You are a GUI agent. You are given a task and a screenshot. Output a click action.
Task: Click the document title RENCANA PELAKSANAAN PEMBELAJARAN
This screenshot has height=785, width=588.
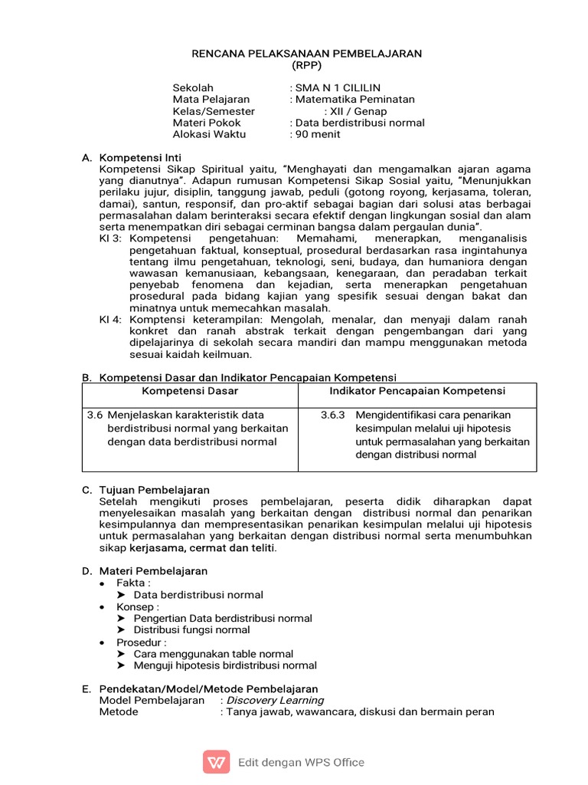click(305, 54)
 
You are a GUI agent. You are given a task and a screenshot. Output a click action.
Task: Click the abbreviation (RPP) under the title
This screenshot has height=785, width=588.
click(305, 65)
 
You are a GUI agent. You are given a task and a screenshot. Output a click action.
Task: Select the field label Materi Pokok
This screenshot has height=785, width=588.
click(207, 123)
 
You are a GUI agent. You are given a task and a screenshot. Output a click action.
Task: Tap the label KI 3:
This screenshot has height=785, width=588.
click(111, 238)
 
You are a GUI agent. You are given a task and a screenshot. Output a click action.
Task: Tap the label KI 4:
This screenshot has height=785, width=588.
click(111, 320)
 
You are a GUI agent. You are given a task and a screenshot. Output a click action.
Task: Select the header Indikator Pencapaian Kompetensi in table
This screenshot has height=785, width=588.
click(417, 392)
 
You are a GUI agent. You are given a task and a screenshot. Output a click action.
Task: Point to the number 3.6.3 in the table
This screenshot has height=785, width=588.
click(333, 415)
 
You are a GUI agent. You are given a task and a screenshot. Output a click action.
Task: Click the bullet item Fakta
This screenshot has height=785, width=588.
click(134, 583)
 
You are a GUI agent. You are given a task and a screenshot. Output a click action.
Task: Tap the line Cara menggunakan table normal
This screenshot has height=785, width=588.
click(214, 654)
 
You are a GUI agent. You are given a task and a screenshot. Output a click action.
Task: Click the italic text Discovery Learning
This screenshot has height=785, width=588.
click(274, 700)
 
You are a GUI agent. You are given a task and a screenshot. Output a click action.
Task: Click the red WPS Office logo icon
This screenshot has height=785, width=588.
click(216, 762)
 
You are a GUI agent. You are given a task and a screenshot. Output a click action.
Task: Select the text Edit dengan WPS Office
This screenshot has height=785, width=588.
click(301, 763)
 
